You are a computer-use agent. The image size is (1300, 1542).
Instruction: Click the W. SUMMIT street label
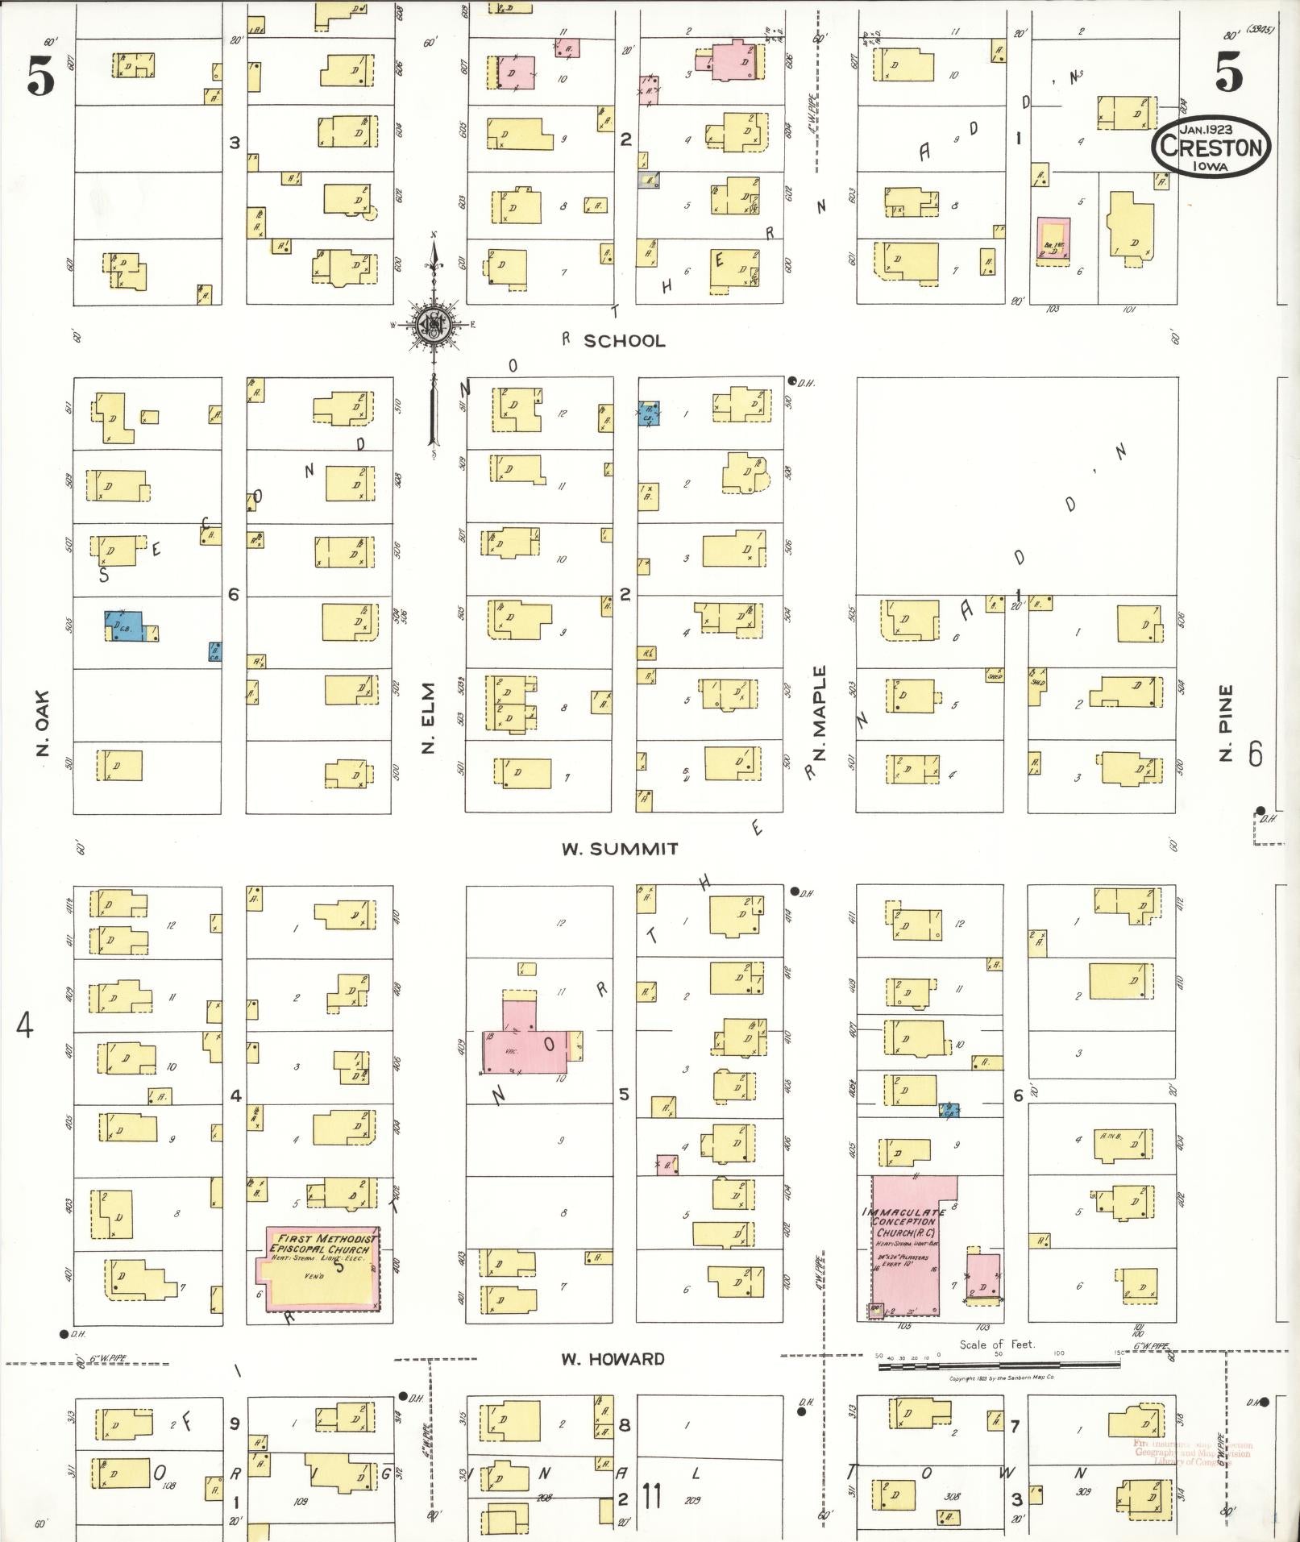pos(620,849)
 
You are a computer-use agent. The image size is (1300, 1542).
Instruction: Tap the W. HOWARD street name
pos(613,1359)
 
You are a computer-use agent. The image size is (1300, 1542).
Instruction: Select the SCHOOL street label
pos(625,341)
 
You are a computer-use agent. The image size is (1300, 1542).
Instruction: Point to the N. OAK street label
pos(44,722)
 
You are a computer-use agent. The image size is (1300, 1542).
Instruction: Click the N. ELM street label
pos(429,718)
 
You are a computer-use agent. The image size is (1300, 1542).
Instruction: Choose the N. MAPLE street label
pos(820,713)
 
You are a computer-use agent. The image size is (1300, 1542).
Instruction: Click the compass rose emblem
pos(434,324)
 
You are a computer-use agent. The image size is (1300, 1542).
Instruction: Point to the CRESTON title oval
pos(1211,146)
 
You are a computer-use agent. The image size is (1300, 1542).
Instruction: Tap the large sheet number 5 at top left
pos(40,78)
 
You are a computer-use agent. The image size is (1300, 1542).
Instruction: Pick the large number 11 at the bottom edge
pos(650,1496)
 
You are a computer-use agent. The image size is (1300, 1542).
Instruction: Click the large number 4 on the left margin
pos(25,1026)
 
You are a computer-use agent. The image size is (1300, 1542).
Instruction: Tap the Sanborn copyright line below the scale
pos(1002,1378)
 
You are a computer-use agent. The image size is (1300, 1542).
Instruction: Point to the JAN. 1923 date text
pos(1210,128)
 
